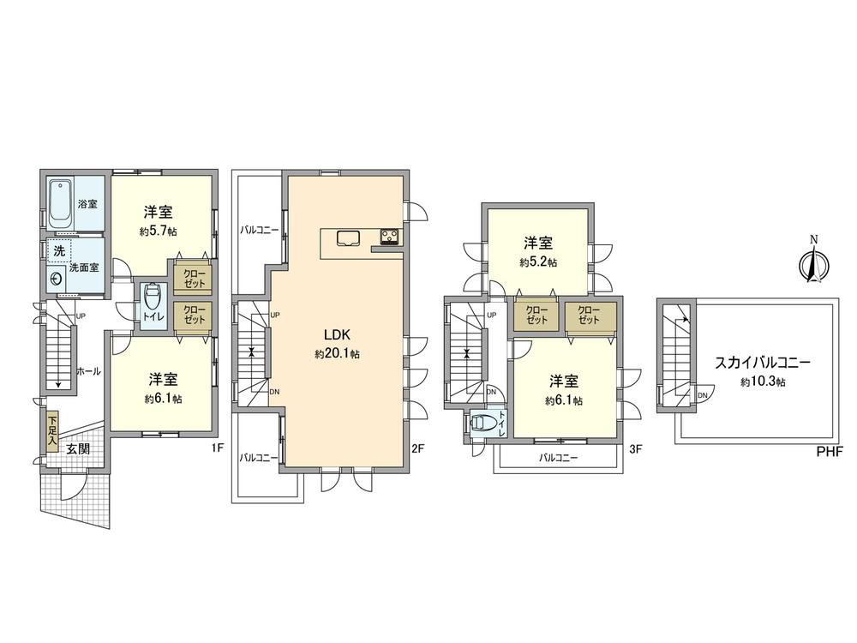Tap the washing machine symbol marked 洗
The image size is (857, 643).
click(x=59, y=252)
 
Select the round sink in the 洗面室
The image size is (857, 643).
click(x=57, y=278)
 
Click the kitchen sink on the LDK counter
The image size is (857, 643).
click(x=348, y=237)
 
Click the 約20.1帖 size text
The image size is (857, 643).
click(x=336, y=353)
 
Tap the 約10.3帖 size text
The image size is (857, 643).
click(x=762, y=382)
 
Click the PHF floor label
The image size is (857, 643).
click(x=830, y=451)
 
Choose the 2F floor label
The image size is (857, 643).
click(x=418, y=448)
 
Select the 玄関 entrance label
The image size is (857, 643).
click(x=79, y=448)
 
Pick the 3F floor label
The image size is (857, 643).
click(x=634, y=448)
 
